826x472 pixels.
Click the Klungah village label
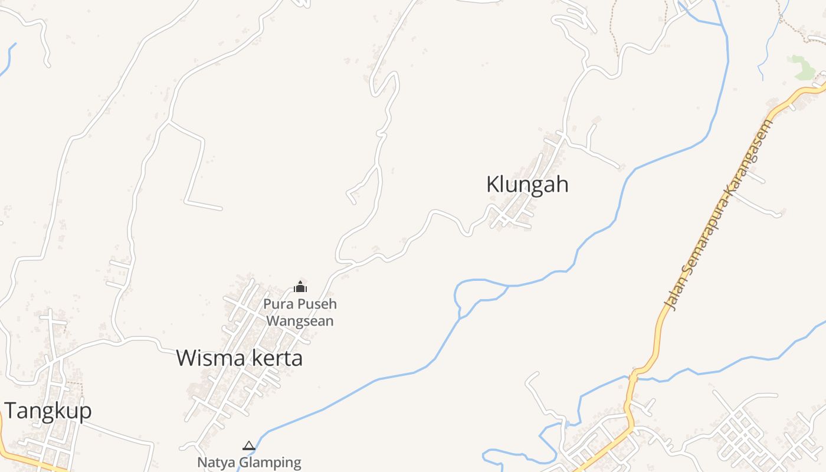527,184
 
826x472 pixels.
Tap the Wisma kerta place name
239,358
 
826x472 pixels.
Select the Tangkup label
48,411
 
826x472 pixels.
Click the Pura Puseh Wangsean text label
300,312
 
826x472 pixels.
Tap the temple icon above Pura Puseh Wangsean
300,287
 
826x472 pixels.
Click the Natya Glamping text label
249,462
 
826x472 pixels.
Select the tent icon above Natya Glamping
249,445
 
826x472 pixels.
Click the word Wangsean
300,321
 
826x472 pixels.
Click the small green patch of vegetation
803,67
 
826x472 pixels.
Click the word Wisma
206,358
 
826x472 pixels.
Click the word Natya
215,462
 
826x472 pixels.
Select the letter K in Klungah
492,184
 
